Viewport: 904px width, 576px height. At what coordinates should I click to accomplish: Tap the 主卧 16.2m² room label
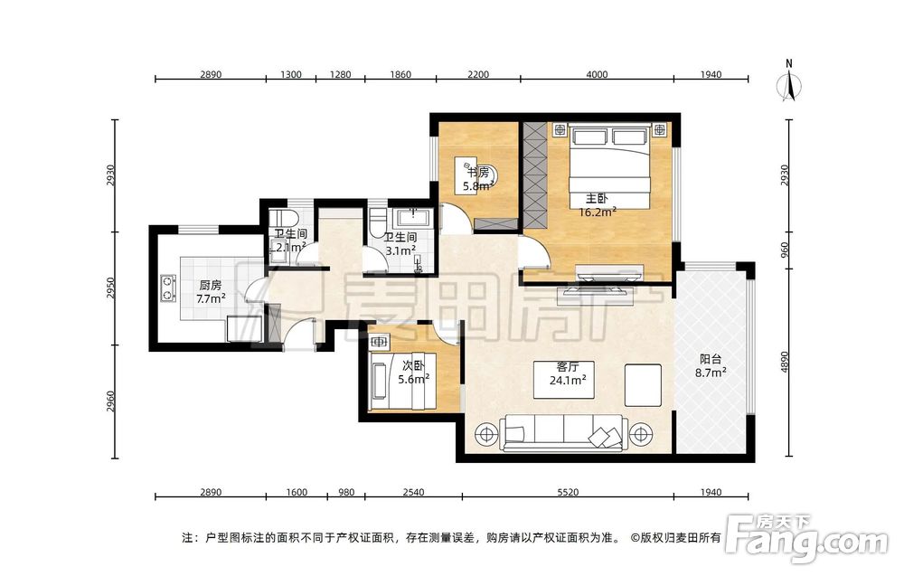[x=598, y=205]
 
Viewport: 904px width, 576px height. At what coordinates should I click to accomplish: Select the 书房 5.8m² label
[x=478, y=179]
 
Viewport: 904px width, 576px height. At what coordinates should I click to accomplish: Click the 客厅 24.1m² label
[x=568, y=373]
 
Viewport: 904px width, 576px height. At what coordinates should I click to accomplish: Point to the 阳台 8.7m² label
[x=711, y=365]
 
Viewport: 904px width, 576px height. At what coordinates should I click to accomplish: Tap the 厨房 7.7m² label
[x=211, y=292]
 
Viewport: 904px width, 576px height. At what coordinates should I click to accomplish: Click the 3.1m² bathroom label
[x=400, y=244]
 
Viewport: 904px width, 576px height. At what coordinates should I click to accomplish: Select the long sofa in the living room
[x=563, y=432]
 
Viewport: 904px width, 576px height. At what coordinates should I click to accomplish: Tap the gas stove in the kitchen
[x=168, y=288]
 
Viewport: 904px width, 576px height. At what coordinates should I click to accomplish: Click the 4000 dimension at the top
[x=597, y=74]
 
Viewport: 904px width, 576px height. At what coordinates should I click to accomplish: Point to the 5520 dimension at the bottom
[x=568, y=492]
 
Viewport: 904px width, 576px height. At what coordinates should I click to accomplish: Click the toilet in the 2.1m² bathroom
[x=283, y=220]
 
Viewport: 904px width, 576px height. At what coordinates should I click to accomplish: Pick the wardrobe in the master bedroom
[x=534, y=175]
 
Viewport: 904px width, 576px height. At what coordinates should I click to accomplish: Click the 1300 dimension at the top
[x=290, y=74]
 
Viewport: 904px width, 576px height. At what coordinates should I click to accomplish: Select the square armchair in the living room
[x=643, y=385]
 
